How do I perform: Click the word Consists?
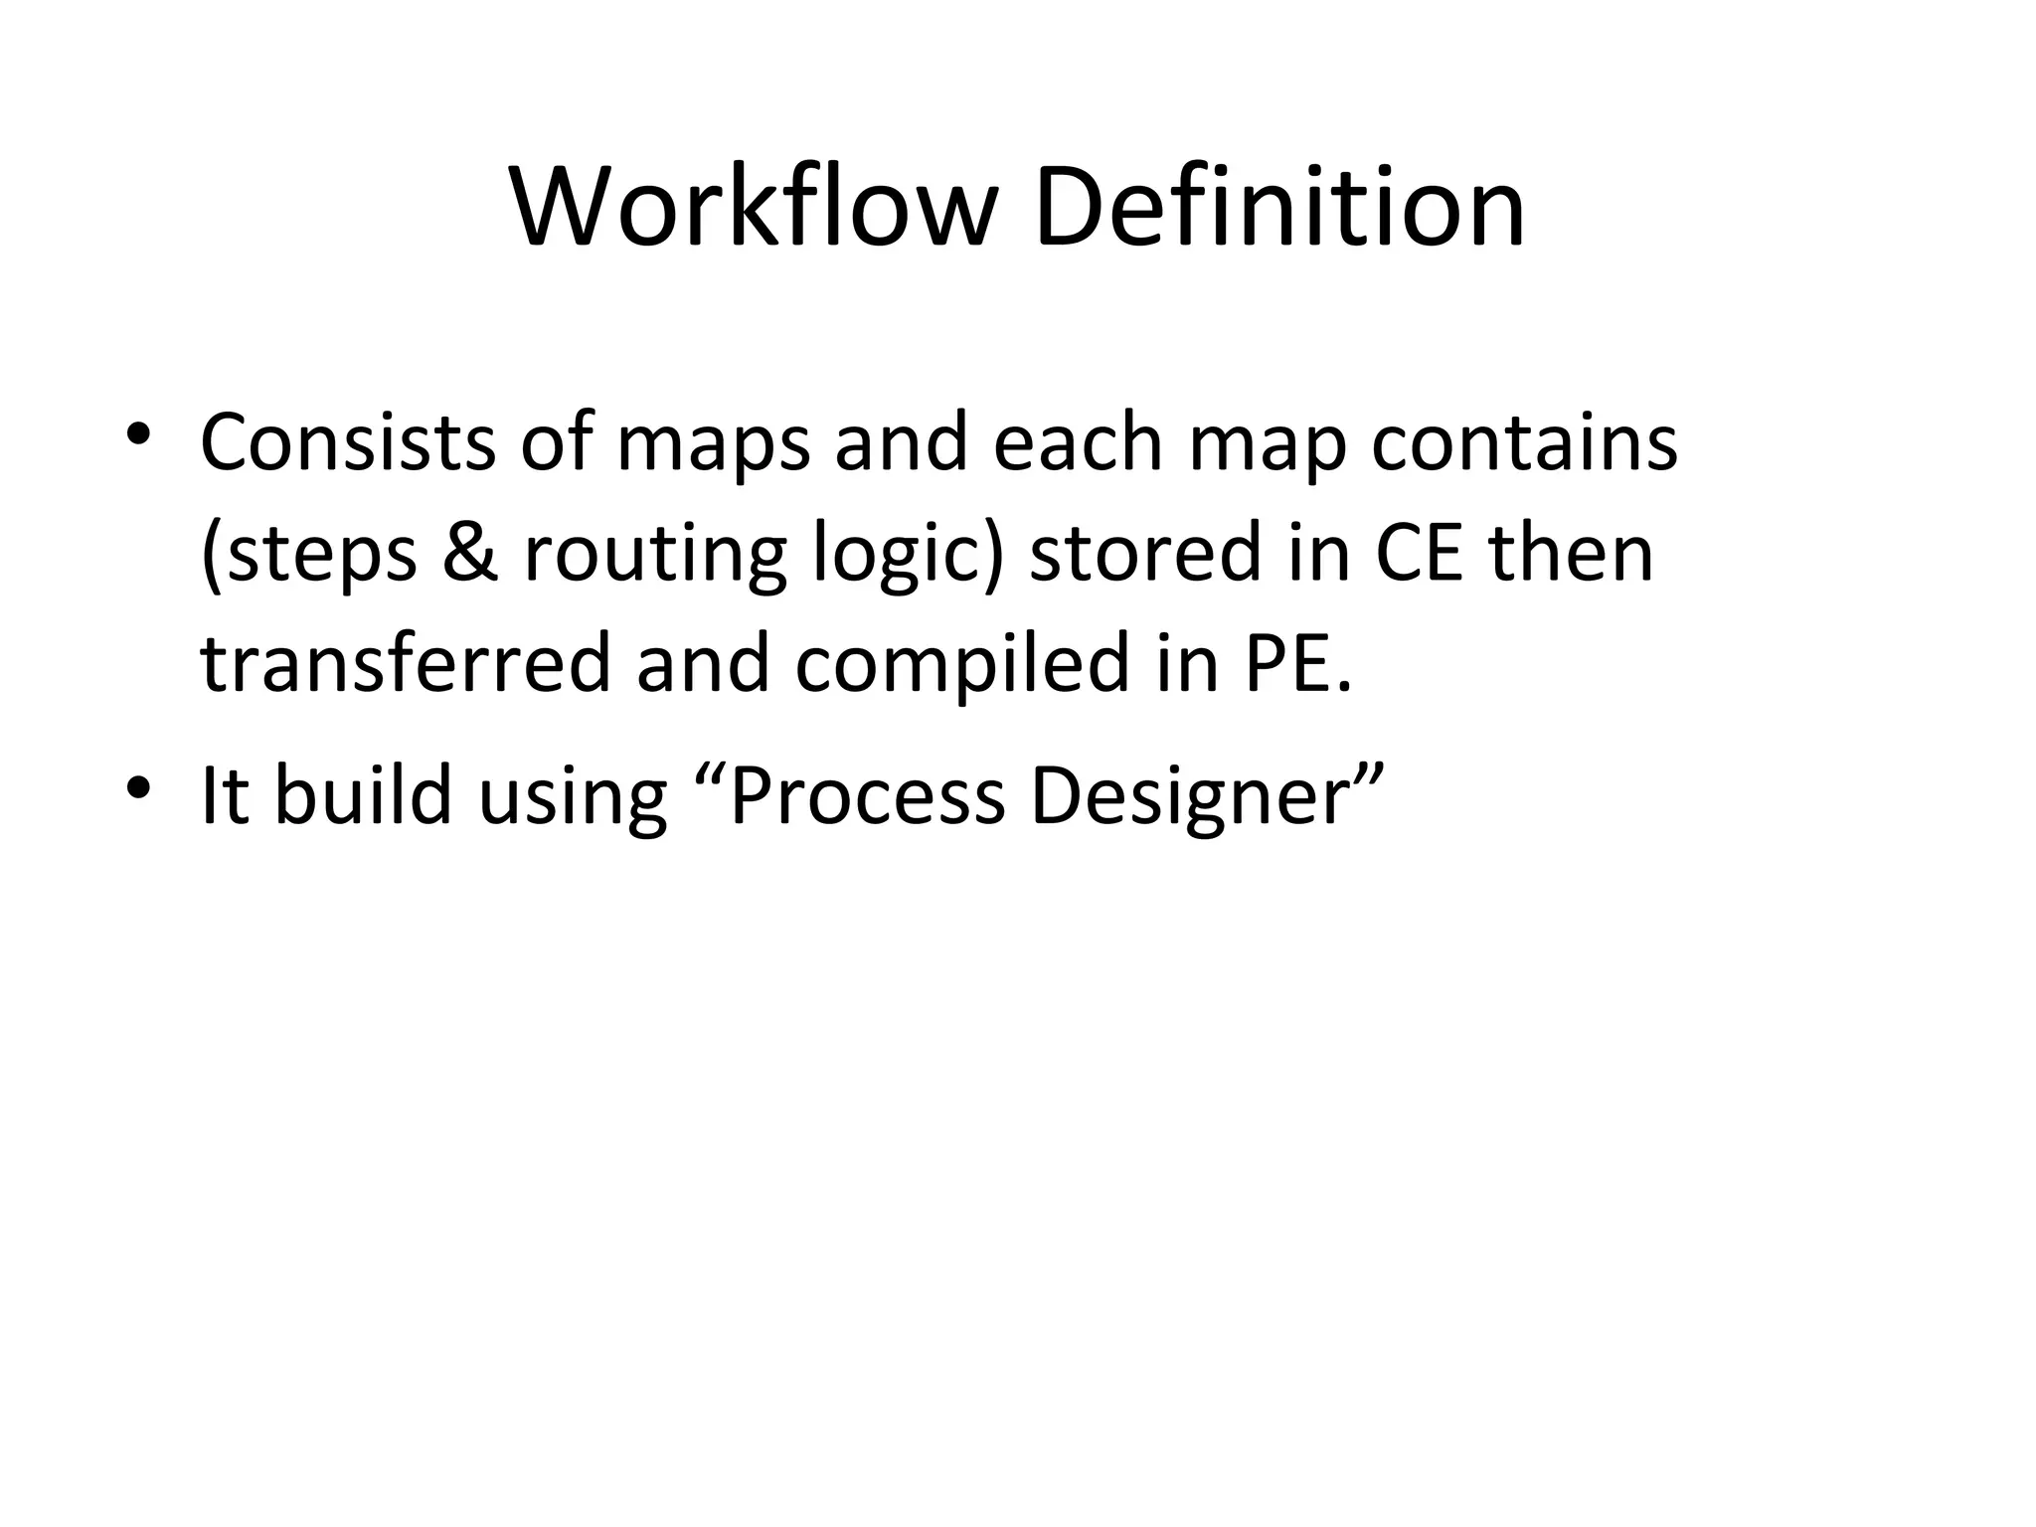pos(347,442)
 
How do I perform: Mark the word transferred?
pos(405,664)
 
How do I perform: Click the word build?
pos(363,795)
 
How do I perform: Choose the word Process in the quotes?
pos(867,795)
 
